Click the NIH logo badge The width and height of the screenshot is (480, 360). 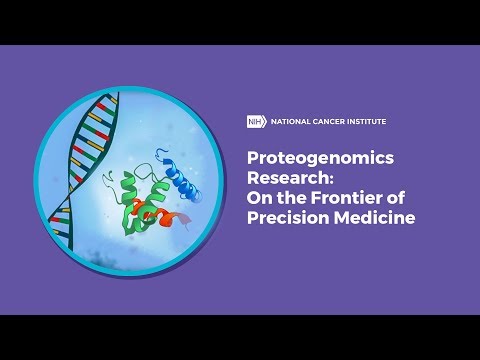click(254, 122)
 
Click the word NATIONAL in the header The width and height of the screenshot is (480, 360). click(287, 122)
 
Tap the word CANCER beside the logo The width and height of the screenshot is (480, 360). click(331, 122)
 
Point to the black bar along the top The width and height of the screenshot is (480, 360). click(240, 20)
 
